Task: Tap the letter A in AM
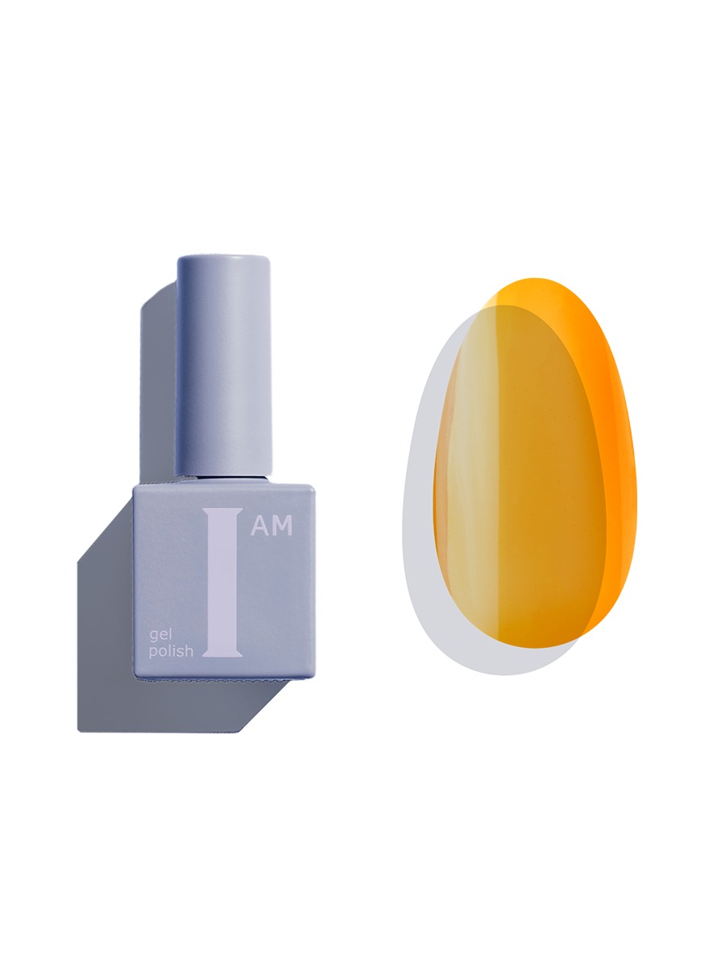coord(259,525)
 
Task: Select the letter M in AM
coord(282,525)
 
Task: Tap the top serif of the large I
coord(222,511)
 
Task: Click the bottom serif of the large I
coord(222,654)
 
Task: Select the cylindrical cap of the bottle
coord(223,366)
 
